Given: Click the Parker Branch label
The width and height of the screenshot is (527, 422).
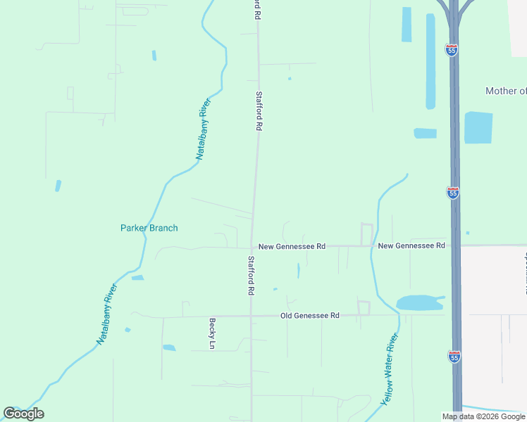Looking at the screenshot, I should [x=149, y=228].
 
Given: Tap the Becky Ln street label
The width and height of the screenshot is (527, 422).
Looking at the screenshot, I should [x=211, y=334].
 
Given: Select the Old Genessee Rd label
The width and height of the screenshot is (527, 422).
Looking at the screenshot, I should [x=309, y=316].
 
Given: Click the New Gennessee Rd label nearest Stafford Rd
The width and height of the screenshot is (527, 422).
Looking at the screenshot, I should [x=292, y=247].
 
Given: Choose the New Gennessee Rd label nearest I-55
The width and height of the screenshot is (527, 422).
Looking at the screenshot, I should [x=411, y=245].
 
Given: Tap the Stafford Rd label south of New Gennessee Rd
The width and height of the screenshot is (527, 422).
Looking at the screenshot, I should [x=251, y=275].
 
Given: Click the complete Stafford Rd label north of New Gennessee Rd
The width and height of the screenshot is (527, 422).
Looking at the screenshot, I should [x=259, y=111].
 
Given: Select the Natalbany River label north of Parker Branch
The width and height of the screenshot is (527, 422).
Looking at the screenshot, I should [x=203, y=130].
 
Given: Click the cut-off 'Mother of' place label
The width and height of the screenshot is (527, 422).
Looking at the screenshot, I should [x=505, y=91].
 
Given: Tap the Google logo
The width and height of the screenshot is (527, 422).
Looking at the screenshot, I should [x=23, y=414].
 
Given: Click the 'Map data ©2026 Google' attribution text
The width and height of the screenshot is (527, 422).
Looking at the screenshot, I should [x=483, y=416].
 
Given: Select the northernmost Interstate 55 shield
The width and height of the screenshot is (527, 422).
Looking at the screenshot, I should [x=452, y=49].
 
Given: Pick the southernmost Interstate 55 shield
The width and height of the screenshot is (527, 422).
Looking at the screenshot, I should [x=454, y=357].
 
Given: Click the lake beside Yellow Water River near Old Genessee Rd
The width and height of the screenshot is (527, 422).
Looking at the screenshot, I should [x=419, y=303].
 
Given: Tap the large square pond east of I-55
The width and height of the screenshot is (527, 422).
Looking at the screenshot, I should [x=478, y=127].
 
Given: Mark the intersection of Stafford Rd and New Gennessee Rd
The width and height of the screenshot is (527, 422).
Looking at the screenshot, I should [x=252, y=247].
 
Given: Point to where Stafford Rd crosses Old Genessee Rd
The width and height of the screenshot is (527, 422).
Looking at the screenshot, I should [x=251, y=316].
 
